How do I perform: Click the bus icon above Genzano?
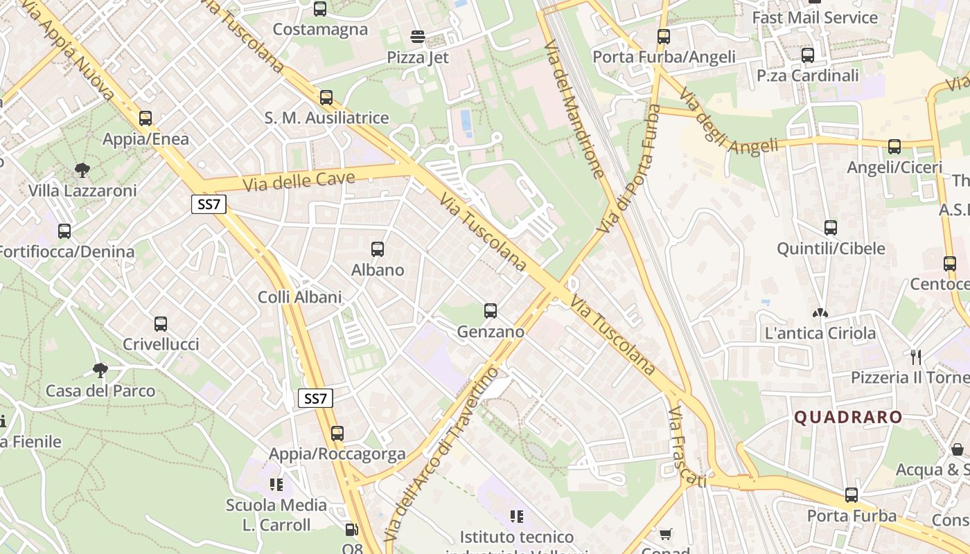[x=491, y=311]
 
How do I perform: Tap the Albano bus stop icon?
[x=378, y=249]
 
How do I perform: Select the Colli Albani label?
[x=300, y=297]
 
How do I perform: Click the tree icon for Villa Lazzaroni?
[x=82, y=170]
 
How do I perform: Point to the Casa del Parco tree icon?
[x=100, y=370]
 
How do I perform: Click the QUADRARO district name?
[x=848, y=417]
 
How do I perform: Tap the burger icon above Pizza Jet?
[x=418, y=36]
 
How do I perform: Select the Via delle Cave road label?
[x=299, y=181]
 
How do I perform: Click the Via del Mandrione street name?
[x=574, y=109]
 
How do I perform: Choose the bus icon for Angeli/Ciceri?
[x=894, y=147]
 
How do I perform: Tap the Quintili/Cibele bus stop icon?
[x=831, y=228]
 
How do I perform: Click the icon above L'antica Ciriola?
[x=820, y=313]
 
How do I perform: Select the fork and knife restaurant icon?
[x=916, y=357]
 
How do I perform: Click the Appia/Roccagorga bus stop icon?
[x=337, y=434]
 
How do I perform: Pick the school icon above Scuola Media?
[x=276, y=485]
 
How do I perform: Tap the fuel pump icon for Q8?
[x=352, y=530]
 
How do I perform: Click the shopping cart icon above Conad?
[x=665, y=534]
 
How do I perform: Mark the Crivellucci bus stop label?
[x=161, y=344]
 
